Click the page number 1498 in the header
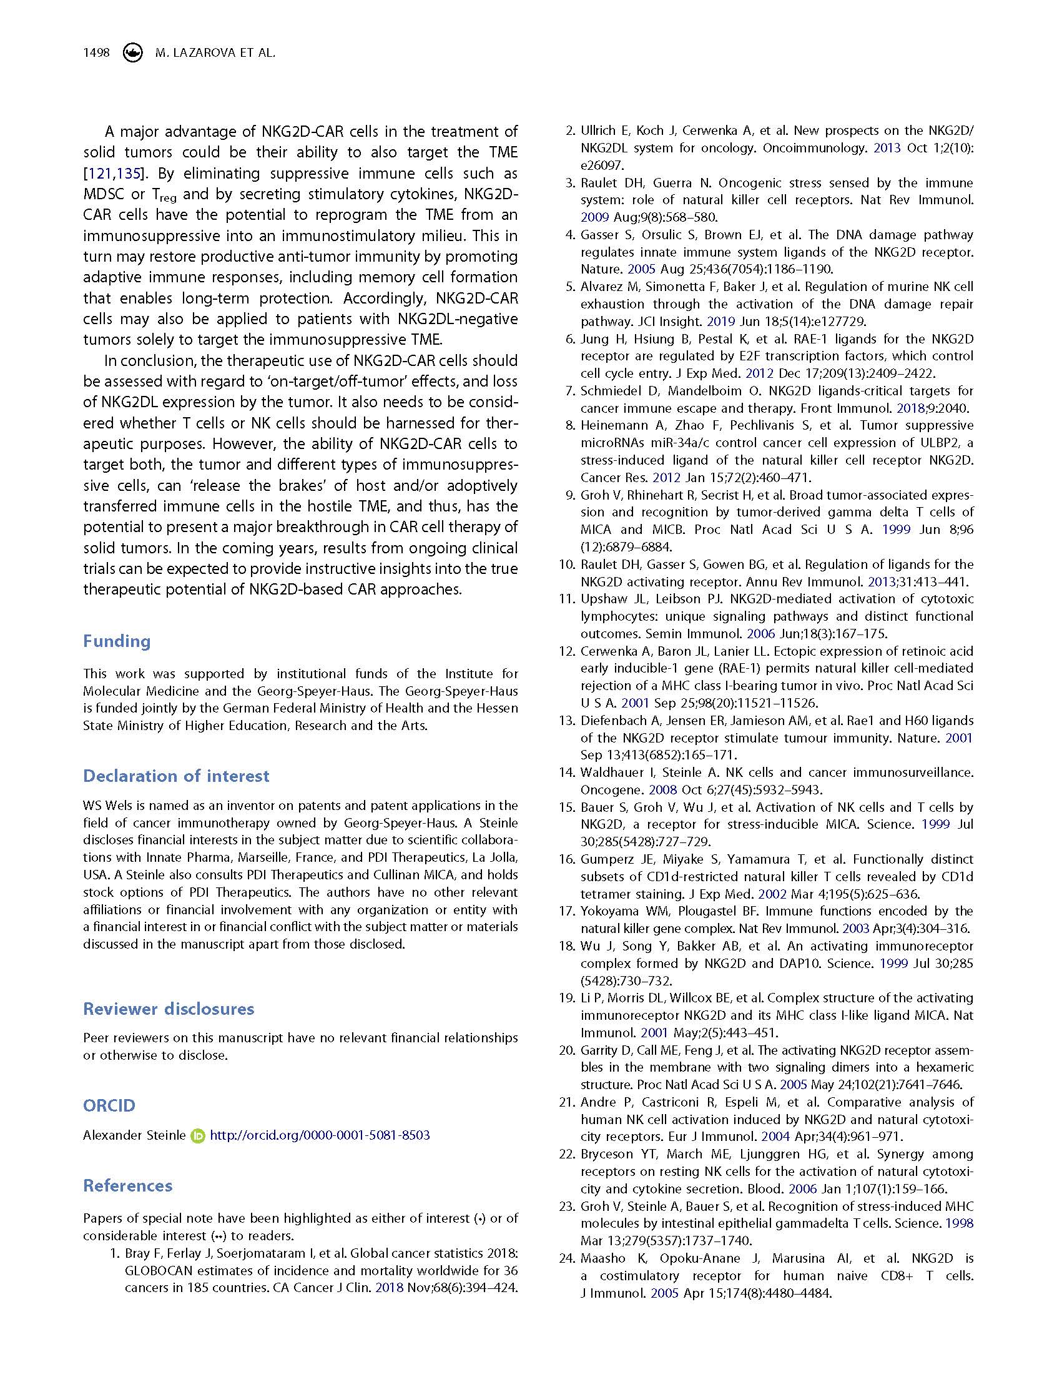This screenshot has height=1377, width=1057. (x=96, y=53)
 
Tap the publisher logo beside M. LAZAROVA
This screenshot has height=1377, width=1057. (x=132, y=53)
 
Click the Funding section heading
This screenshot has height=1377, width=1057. (x=117, y=641)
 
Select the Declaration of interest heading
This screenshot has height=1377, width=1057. (x=176, y=776)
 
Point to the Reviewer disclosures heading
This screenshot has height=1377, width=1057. (x=169, y=1009)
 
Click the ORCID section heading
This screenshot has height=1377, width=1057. (x=109, y=1106)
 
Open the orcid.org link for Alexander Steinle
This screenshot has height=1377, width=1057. (x=320, y=1135)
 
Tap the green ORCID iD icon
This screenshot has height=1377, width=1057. (x=197, y=1136)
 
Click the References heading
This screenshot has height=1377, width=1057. (x=128, y=1186)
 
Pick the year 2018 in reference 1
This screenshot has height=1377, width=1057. (x=389, y=1288)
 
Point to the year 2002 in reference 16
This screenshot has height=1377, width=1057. (x=772, y=894)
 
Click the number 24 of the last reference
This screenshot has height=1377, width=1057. (x=567, y=1258)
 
